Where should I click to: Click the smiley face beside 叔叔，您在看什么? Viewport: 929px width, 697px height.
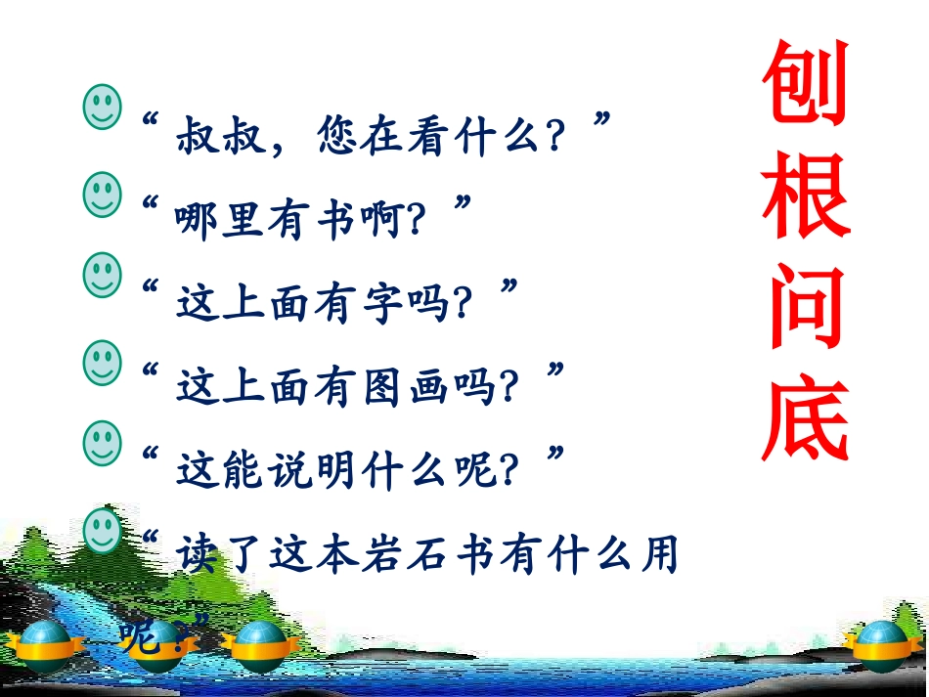(103, 105)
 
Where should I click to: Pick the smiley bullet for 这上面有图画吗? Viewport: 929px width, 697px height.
(103, 362)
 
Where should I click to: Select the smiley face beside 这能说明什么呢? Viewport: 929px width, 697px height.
(103, 442)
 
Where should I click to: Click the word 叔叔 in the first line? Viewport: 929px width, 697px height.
(222, 140)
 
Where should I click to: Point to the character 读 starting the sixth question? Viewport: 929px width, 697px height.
(197, 556)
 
